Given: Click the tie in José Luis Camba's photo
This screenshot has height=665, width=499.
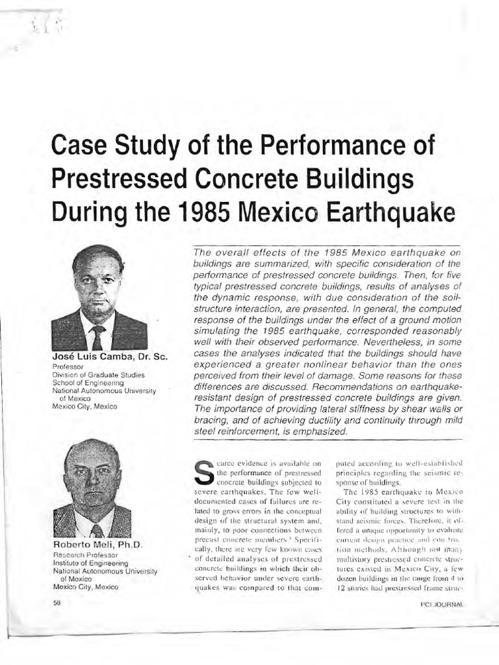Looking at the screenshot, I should click(98, 338).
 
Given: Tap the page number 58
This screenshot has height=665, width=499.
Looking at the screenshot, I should click(57, 603).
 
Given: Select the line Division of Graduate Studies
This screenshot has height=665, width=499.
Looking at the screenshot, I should click(98, 375).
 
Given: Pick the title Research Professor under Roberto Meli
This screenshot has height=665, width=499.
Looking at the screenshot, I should click(85, 555).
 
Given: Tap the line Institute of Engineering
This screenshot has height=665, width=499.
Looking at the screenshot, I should click(90, 563).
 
